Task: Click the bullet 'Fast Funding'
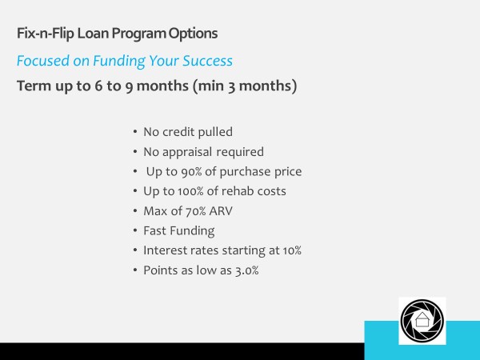179,230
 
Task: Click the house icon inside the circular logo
422,322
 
